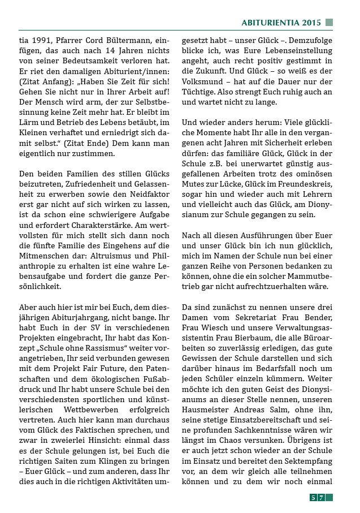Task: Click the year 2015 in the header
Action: point(311,23)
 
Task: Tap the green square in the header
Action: point(329,23)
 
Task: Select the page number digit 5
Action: point(313,497)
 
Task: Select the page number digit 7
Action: point(320,497)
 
